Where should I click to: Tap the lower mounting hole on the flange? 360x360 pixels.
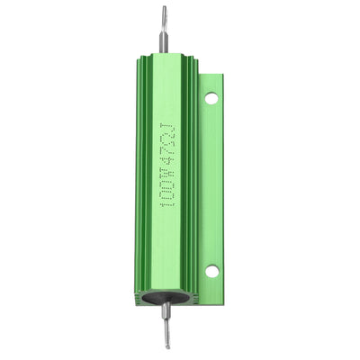pos(211,270)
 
